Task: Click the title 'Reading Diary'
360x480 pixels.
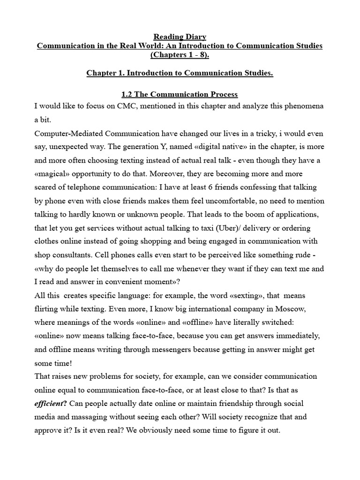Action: [x=180, y=37]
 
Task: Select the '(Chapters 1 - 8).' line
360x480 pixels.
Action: [x=180, y=55]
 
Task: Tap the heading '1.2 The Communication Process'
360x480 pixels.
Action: [x=180, y=94]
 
